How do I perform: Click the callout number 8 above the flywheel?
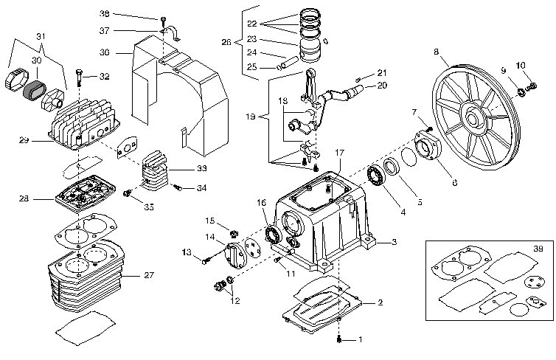(436, 51)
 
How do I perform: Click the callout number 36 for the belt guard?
(104, 52)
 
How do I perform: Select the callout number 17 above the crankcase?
(339, 152)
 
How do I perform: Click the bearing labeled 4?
(378, 176)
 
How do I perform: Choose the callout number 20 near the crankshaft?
(381, 85)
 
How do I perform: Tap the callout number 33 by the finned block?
(201, 169)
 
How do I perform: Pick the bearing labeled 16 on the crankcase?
(271, 235)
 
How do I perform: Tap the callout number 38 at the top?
(104, 14)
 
